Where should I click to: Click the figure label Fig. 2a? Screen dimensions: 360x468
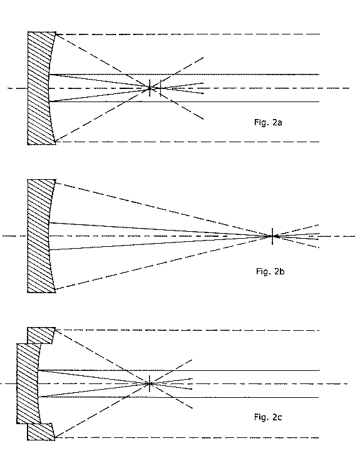tap(268, 122)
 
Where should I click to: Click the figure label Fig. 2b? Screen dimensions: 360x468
tap(270, 271)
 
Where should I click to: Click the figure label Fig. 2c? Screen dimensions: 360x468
tap(268, 417)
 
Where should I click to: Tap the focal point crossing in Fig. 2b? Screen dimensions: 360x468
tap(272, 236)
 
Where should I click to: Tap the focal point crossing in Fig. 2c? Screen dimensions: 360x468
tap(150, 383)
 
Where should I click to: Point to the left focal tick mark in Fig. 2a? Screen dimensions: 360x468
tap(150, 88)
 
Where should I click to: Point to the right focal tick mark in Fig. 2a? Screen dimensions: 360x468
tap(160, 88)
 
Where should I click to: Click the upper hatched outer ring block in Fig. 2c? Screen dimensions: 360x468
tap(41, 335)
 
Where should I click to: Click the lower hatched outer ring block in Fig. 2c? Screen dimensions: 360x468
tap(41, 432)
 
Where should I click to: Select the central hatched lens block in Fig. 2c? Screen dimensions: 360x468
tap(28, 383)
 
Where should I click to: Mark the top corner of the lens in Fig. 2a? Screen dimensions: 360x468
tap(56, 31)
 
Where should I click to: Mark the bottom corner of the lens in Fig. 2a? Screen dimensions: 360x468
tap(56, 145)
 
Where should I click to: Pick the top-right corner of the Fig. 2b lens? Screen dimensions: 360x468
tap(56, 180)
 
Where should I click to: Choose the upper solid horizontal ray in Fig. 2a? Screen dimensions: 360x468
tap(184, 75)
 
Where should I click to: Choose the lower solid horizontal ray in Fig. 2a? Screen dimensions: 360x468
tap(184, 101)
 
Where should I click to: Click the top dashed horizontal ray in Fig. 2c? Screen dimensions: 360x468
tap(187, 330)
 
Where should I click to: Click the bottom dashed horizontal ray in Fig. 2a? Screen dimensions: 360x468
tap(188, 142)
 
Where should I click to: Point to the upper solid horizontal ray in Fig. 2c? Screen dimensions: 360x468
tap(179, 370)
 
